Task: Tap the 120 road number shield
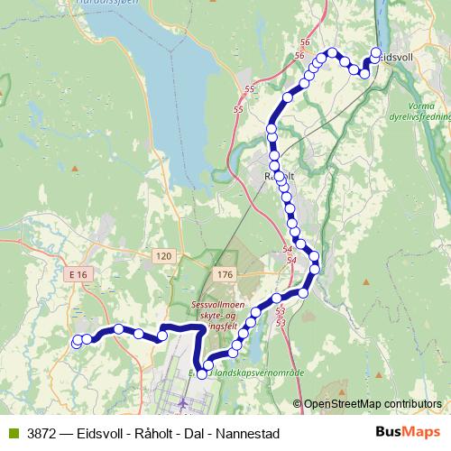[162, 257]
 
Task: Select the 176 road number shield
[225, 273]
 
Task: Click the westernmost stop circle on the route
[77, 341]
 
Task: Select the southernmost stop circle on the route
[202, 373]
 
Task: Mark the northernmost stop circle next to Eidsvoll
[376, 52]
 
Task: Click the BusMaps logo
[407, 433]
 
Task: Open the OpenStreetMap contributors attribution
[372, 403]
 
